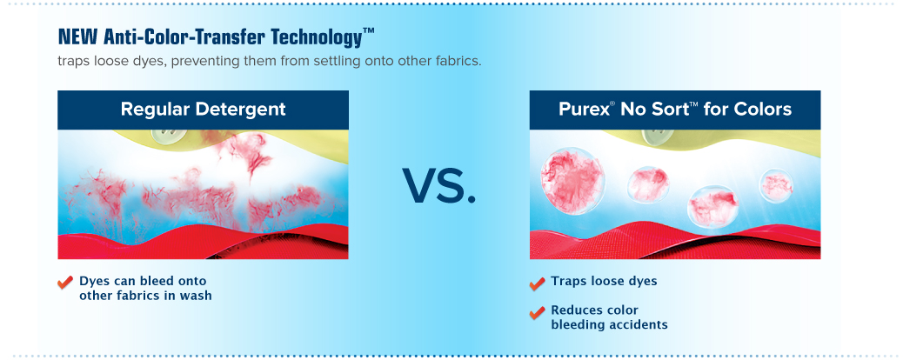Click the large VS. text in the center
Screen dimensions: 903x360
tap(439, 185)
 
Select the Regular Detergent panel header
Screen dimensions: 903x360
tap(203, 110)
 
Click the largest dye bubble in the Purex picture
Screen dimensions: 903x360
tap(572, 180)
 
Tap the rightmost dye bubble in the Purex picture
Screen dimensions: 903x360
tap(776, 186)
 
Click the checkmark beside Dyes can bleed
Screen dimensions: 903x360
tap(65, 283)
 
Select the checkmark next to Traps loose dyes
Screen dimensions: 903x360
tap(537, 283)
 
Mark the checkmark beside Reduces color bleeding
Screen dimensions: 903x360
tap(537, 312)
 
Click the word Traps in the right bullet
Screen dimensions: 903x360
tap(566, 281)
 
